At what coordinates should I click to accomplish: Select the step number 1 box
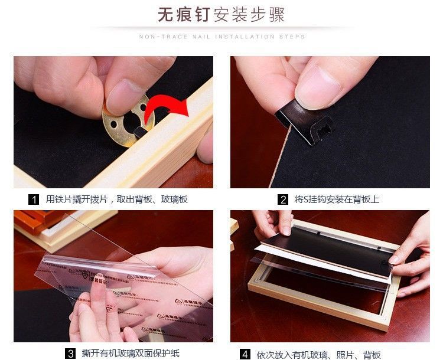point(35,199)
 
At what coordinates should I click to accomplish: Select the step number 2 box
point(284,199)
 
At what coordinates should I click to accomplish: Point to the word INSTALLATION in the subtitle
point(246,37)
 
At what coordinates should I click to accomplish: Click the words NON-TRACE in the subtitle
point(157,37)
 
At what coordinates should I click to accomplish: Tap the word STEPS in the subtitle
point(293,37)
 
